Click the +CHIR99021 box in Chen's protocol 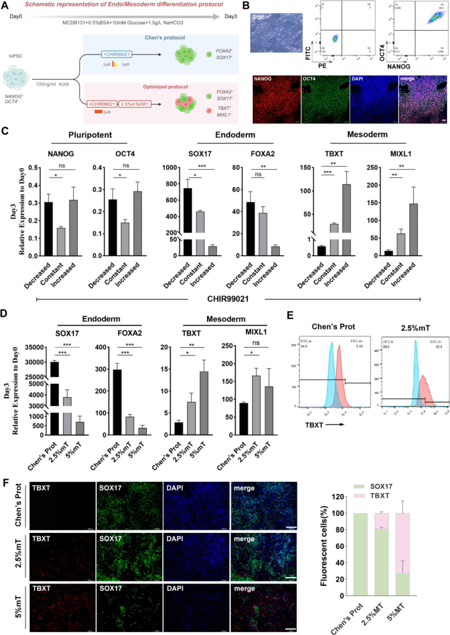(116, 54)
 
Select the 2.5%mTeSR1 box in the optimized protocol (135, 104)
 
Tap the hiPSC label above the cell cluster (15, 56)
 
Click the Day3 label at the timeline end (231, 16)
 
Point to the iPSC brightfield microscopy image (276, 33)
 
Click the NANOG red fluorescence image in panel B (277, 99)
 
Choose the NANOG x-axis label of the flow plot (399, 66)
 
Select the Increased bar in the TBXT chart (346, 211)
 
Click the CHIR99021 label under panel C (228, 299)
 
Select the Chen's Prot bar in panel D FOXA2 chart (117, 402)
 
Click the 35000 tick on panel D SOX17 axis (34, 347)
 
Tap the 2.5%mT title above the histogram (415, 328)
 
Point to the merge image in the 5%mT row (264, 607)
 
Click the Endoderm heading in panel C (235, 135)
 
